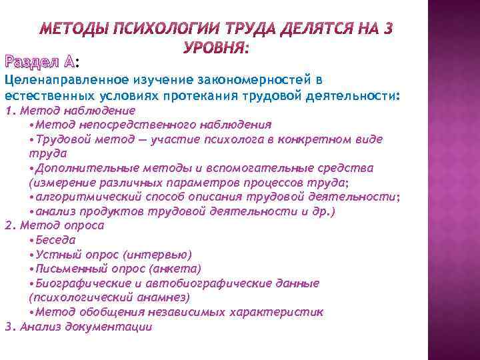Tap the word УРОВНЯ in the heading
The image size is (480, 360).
(x=213, y=49)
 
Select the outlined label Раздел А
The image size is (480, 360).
(x=39, y=62)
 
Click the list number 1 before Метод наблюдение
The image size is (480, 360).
(x=7, y=110)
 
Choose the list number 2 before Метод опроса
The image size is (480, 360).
(x=7, y=225)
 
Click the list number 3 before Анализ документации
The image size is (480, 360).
(x=7, y=327)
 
